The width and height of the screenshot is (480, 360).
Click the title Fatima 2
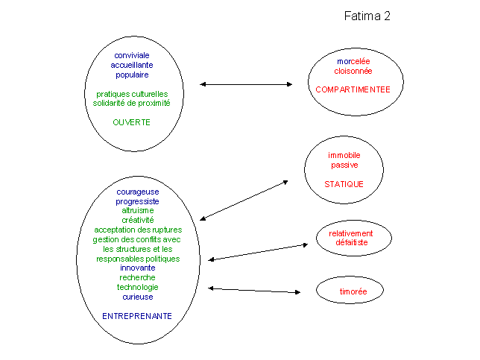(x=367, y=16)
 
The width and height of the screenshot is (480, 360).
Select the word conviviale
(x=132, y=55)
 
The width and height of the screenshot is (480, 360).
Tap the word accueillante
(x=132, y=65)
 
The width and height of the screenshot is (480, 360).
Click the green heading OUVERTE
(x=131, y=122)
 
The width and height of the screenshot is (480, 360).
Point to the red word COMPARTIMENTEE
(x=353, y=89)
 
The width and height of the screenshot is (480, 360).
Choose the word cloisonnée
(x=353, y=71)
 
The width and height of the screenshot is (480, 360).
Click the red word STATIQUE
(x=344, y=184)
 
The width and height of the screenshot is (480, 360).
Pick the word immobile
(x=344, y=155)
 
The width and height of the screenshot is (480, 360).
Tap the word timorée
(x=353, y=291)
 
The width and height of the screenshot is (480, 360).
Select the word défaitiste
(x=352, y=242)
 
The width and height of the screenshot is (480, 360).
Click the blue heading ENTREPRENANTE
(x=137, y=316)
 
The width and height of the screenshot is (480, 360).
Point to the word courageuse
(x=138, y=192)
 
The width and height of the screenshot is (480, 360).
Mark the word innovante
(x=137, y=268)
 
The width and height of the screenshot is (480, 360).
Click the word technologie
(x=137, y=287)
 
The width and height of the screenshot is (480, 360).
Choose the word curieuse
(x=138, y=297)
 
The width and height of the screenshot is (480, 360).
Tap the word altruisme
(x=138, y=211)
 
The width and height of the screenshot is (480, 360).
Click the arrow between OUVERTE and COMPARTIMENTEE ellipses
(x=246, y=84)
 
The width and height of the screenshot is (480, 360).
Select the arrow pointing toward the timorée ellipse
(x=254, y=290)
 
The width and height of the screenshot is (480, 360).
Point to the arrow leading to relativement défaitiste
(x=258, y=252)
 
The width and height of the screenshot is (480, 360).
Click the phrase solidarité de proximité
(x=131, y=103)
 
